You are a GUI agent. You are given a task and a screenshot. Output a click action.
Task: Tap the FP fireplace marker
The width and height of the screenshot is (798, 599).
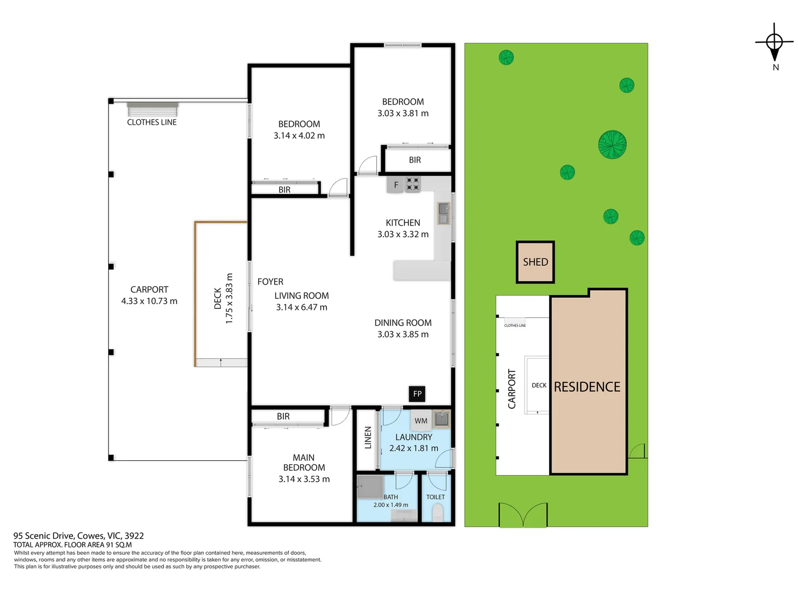click(x=417, y=394)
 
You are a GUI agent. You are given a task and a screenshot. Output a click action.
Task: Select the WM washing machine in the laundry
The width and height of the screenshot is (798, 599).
click(x=421, y=420)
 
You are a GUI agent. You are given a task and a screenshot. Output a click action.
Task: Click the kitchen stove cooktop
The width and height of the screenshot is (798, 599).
click(x=413, y=184)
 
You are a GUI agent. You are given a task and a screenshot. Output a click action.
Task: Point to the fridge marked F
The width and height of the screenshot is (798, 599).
click(x=396, y=185)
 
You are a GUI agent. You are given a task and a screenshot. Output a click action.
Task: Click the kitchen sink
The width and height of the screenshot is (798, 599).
click(x=443, y=213)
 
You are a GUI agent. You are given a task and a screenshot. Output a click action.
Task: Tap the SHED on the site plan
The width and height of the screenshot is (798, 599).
click(x=535, y=262)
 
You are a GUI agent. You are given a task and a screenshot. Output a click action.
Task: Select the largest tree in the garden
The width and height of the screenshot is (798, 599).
click(x=612, y=144)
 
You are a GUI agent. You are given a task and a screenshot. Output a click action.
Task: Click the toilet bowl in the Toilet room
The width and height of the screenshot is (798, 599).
click(x=437, y=512)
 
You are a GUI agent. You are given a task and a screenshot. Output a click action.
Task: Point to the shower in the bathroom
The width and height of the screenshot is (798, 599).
click(x=370, y=486)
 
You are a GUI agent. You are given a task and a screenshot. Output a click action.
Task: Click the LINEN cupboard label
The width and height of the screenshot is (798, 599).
click(x=368, y=437)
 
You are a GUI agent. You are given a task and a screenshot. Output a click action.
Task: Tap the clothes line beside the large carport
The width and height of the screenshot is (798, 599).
click(x=152, y=109)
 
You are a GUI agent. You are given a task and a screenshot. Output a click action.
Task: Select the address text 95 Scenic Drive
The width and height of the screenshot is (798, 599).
click(x=78, y=536)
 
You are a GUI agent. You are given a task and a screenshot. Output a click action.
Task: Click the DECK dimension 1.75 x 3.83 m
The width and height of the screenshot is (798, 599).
click(x=229, y=298)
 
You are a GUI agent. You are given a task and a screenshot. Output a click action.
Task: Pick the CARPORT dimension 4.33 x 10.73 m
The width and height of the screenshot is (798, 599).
click(x=149, y=301)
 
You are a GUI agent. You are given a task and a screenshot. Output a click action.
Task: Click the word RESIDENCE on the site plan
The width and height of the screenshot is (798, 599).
click(x=587, y=387)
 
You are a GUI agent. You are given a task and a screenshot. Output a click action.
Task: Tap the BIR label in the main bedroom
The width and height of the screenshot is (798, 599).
click(x=283, y=417)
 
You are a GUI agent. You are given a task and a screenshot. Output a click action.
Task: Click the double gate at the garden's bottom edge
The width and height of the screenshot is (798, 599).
click(x=523, y=515)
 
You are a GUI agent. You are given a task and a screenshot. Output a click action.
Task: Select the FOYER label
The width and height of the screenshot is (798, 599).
click(x=270, y=282)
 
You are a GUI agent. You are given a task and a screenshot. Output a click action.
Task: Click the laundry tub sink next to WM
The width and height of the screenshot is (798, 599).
click(x=442, y=419)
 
